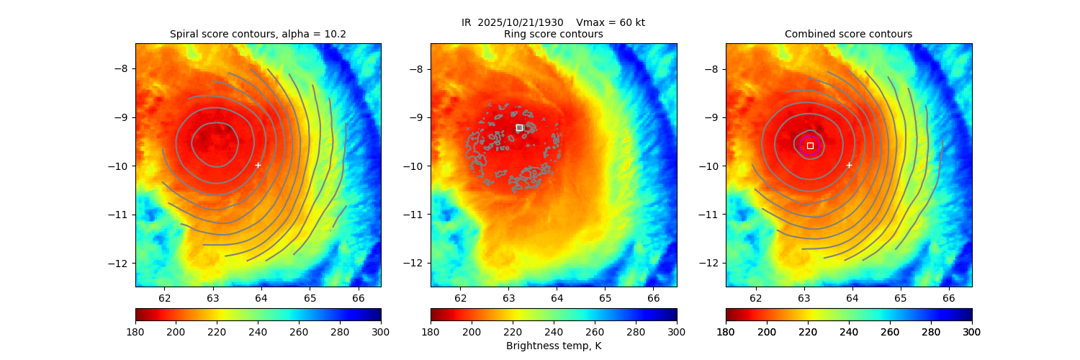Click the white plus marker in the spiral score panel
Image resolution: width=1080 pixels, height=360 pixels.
pos(258,165)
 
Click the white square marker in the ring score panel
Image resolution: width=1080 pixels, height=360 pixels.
pos(519,127)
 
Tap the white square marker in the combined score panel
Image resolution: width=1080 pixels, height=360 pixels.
pos(810,145)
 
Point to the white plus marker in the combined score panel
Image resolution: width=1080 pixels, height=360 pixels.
pos(849,165)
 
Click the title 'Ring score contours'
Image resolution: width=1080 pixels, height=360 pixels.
pos(553,34)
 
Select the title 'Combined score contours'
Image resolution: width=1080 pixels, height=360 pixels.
pos(848,34)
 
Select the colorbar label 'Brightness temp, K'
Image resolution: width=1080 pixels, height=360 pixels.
pos(553,346)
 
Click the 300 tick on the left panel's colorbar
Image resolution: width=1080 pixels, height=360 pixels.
pos(381,331)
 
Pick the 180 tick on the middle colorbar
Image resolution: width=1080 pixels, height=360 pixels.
pos(431,331)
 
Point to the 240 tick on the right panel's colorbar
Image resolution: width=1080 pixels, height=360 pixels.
pos(849,331)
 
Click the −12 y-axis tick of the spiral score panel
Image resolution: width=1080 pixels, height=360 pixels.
pos(122,263)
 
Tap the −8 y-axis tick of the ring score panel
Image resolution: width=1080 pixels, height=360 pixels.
pos(418,69)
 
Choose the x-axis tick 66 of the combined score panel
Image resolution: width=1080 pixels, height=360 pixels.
pos(949,298)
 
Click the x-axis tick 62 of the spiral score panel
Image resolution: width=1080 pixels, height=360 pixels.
pos(165,298)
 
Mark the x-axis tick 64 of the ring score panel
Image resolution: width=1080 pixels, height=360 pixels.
pos(557,298)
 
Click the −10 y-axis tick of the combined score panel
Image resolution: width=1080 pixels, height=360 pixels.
pos(710,166)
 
